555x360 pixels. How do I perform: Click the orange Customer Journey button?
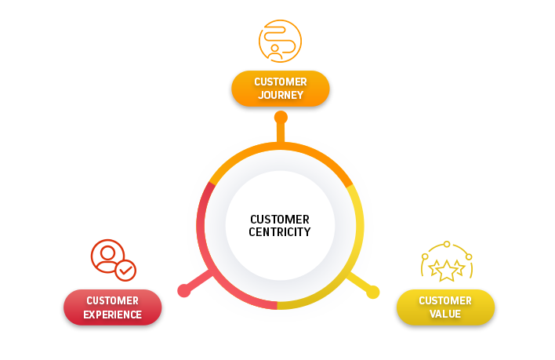pos(280,89)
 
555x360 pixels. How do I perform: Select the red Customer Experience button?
pos(112,307)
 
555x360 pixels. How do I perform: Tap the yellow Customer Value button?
pos(445,307)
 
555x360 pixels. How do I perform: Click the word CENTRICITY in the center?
pos(280,232)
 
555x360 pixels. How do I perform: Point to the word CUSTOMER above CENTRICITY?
pos(280,220)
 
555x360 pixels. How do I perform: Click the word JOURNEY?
pos(280,96)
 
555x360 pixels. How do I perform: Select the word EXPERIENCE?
pos(113,315)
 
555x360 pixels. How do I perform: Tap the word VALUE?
pos(445,315)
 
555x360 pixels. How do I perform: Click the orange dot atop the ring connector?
pos(281,118)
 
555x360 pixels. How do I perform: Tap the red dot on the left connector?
pos(184,291)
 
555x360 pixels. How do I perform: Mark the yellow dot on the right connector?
pos(373,293)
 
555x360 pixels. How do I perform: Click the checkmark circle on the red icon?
pos(125,271)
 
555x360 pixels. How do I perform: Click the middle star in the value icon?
pos(447,271)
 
